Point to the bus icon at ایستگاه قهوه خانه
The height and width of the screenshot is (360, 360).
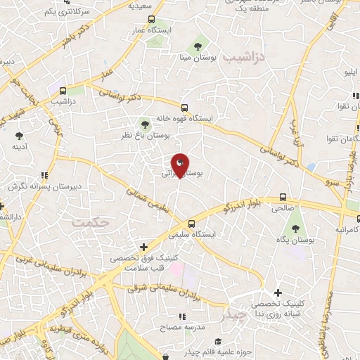[x=184, y=108]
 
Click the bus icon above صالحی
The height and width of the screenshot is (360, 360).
[x=283, y=198]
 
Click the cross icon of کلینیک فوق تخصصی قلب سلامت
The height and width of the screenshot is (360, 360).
[x=144, y=247]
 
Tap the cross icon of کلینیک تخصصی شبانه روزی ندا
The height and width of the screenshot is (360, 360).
[x=278, y=292]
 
